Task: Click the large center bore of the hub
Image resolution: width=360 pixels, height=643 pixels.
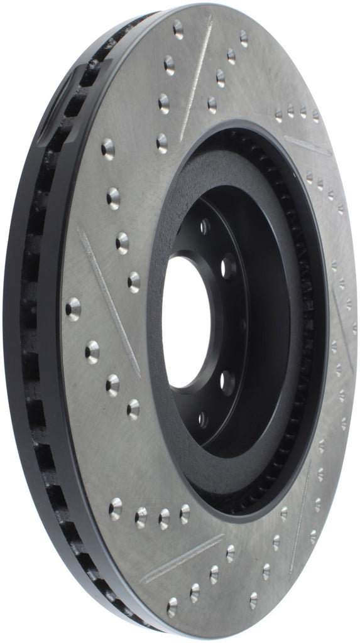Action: point(187,321)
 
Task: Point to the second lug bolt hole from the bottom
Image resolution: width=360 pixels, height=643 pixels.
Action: point(228,381)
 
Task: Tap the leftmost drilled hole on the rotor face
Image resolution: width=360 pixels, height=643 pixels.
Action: point(74,308)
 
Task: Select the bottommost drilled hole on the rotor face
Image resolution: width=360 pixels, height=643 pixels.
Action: point(172,608)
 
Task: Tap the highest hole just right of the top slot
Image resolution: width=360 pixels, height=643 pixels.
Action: point(244,38)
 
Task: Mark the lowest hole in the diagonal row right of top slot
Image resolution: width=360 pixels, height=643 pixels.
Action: point(212,104)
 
